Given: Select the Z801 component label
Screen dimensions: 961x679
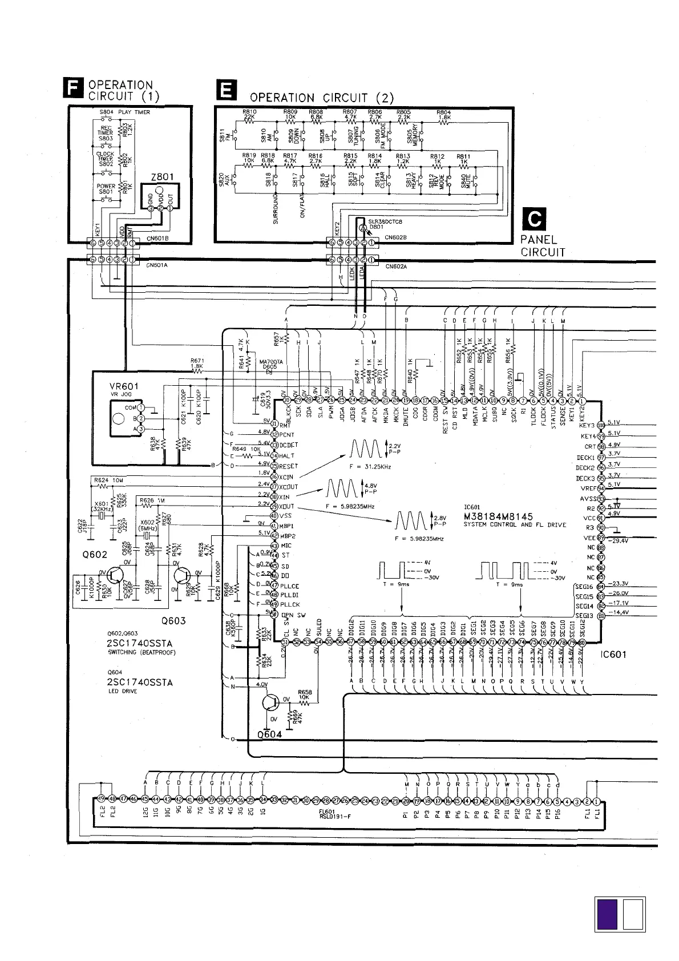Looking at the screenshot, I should pyautogui.click(x=163, y=177).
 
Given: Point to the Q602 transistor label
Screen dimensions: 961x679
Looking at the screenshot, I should pyautogui.click(x=94, y=554).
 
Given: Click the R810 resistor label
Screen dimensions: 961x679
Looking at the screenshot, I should pyautogui.click(x=249, y=112).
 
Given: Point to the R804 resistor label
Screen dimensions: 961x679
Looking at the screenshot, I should pyautogui.click(x=443, y=112).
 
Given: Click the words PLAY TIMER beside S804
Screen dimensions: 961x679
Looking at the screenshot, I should pyautogui.click(x=134, y=112).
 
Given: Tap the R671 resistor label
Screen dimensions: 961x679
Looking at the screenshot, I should pyautogui.click(x=197, y=360).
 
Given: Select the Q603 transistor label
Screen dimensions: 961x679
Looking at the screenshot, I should pyautogui.click(x=173, y=621).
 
